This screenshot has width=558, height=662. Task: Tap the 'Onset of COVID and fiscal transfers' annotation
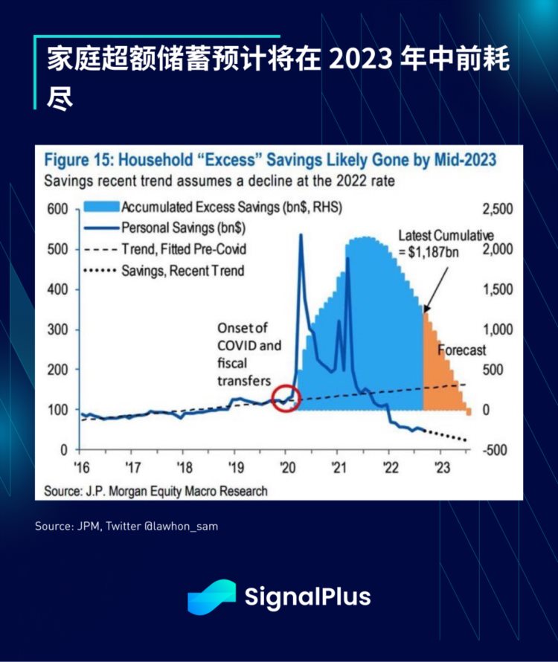(249, 354)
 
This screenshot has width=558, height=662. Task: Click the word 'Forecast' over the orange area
(461, 350)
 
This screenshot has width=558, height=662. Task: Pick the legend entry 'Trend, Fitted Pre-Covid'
(183, 249)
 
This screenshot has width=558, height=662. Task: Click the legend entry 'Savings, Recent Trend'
(182, 270)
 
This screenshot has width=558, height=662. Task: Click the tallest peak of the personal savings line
(301, 235)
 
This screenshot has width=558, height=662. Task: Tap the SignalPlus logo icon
(211, 597)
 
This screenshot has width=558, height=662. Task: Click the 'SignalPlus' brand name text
(307, 597)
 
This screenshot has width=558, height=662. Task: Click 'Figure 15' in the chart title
(79, 160)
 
